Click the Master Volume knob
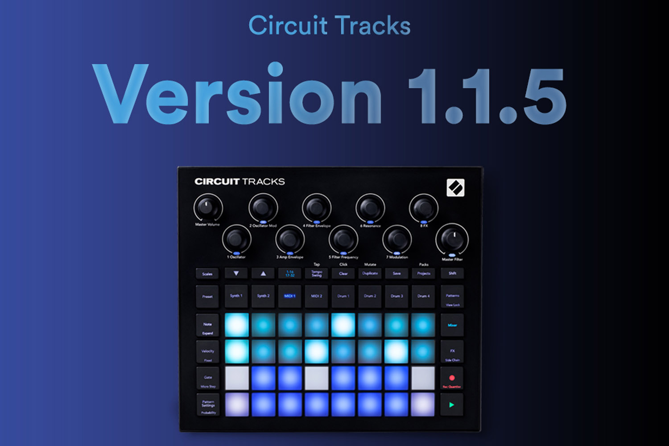pos(207,208)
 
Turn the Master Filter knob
pos(452,239)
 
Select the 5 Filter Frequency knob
pos(343,240)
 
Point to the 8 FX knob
pos(423,208)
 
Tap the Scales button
pos(207,274)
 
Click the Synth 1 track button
pos(236,296)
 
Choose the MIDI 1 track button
pos(290,296)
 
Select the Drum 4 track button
pos(423,296)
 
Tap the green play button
pos(452,405)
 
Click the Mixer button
pos(452,325)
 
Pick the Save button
pos(396,273)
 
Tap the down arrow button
pos(236,273)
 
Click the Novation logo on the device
pos(455,188)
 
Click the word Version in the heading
pos(236,94)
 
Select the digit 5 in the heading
pos(544,96)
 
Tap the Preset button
pos(207,297)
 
